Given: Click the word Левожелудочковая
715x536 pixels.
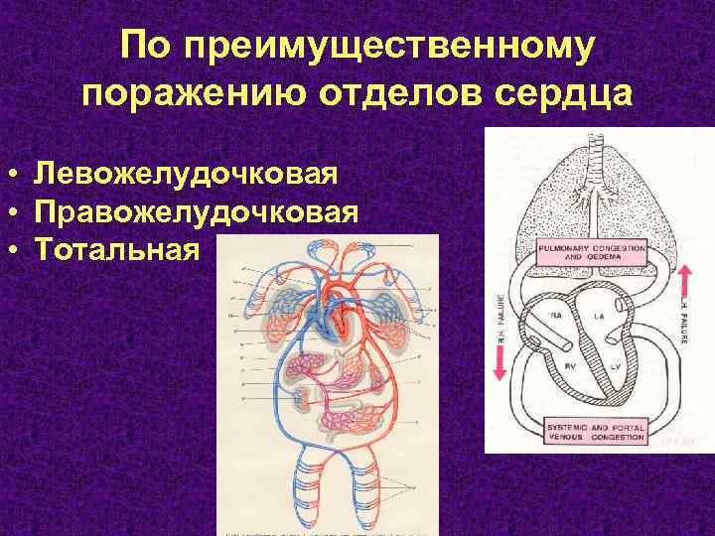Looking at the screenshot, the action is coord(186,175).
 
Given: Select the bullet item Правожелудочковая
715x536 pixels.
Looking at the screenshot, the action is coord(195,211).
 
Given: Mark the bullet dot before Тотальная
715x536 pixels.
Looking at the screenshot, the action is coord(20,247).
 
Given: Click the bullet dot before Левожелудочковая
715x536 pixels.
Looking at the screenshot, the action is coord(20,176).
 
